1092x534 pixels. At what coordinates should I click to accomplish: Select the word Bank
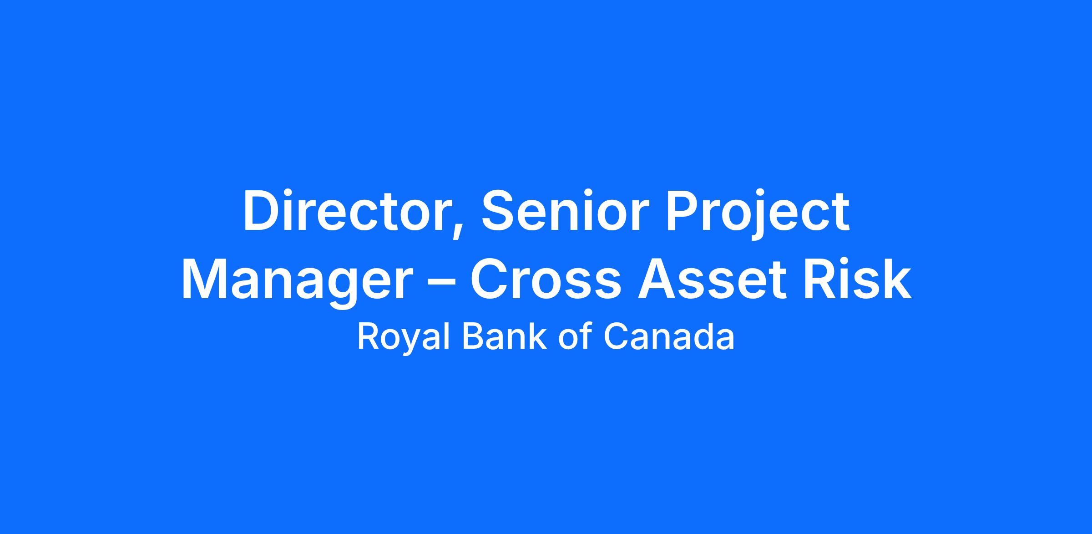tap(504, 337)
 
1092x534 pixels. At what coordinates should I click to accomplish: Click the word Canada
tap(669, 337)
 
